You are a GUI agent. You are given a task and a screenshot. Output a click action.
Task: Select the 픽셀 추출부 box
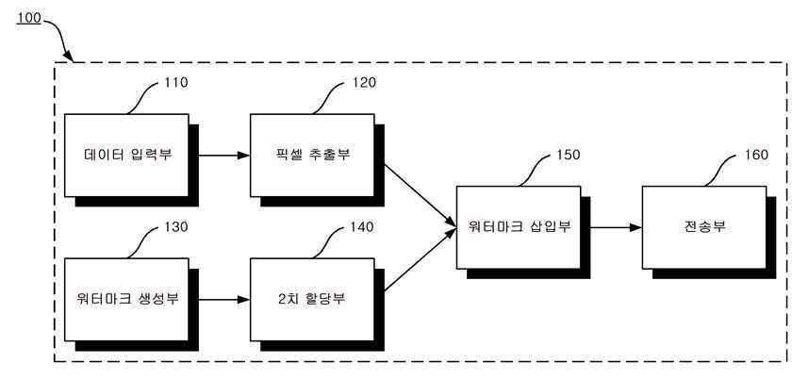point(311,154)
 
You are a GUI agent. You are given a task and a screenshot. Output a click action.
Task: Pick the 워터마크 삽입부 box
point(518,226)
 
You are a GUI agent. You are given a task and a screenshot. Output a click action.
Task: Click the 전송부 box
point(704,226)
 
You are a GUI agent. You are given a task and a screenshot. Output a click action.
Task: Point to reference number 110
point(175,83)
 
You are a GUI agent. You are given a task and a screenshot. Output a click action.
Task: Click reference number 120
point(363,83)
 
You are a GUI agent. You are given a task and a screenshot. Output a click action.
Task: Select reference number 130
point(175,227)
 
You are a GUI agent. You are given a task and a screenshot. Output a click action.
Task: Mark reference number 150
point(569,155)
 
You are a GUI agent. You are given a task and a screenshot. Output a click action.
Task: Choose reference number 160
point(755,155)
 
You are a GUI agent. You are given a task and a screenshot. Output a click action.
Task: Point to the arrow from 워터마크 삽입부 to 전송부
point(611,227)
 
